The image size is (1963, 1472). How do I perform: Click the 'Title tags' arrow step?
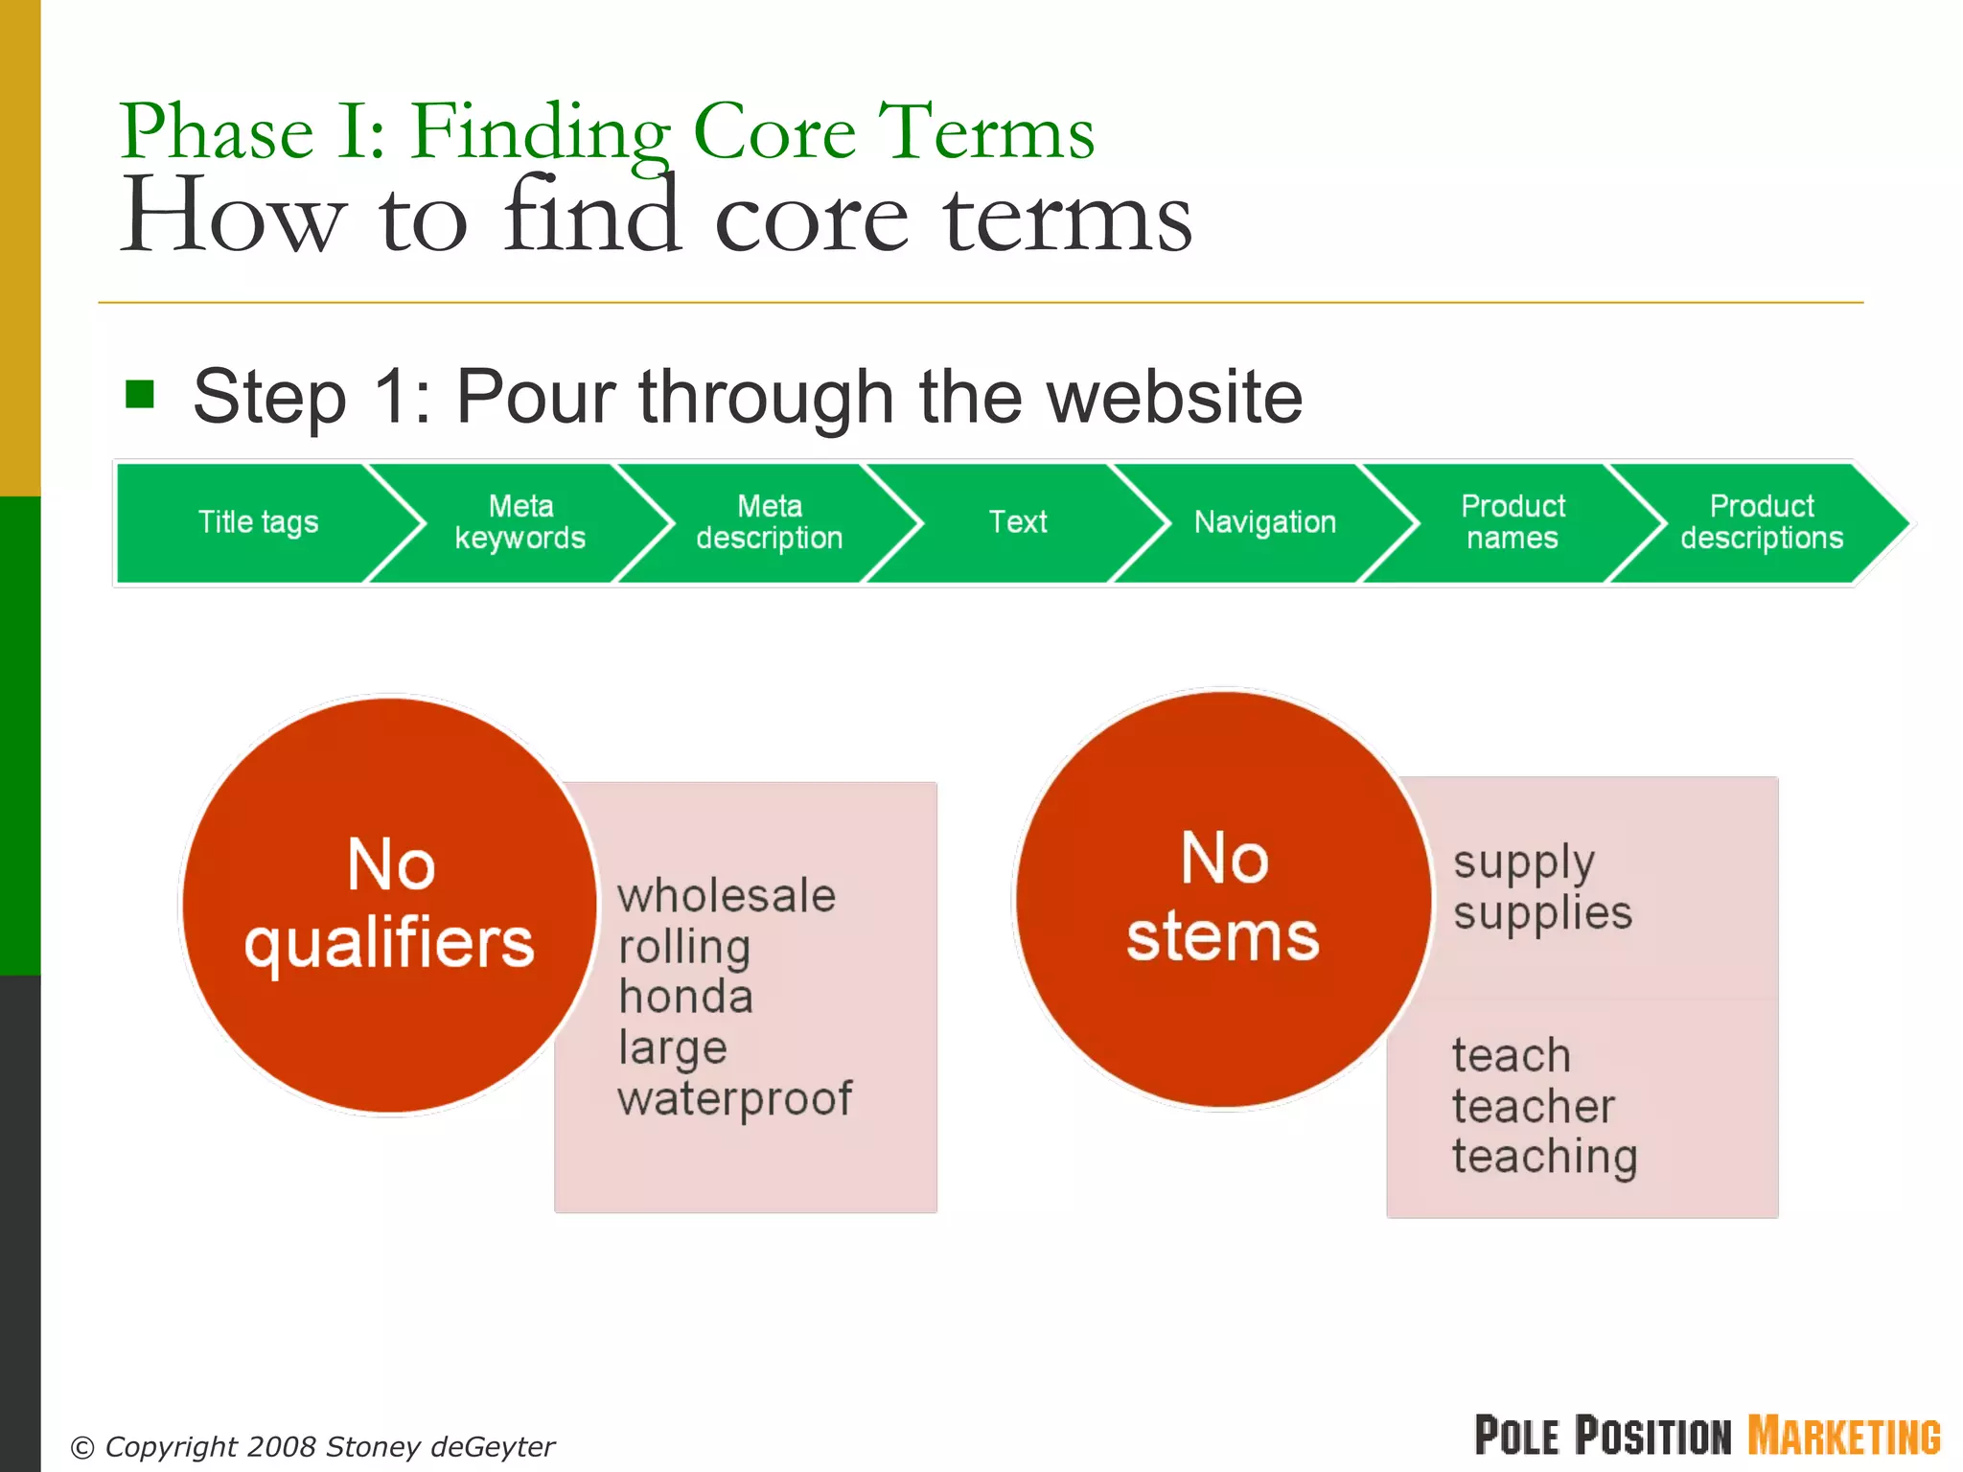coord(257,522)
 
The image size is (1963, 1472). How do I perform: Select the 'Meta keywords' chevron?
coord(520,522)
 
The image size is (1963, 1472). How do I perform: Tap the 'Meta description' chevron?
coord(770,522)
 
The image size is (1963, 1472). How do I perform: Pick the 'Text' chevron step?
coord(1018,522)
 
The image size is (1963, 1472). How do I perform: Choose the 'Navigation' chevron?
coord(1265,522)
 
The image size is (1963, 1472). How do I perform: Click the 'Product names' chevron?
coord(1513,522)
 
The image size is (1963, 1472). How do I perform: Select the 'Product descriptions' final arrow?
coord(1762,522)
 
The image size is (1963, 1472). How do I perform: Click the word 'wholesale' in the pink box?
coord(727,896)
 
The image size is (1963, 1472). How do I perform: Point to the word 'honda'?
coord(686,997)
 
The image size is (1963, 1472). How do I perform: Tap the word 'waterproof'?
coord(735,1098)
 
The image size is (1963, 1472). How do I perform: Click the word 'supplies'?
coord(1542,912)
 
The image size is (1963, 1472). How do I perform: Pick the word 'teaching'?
coord(1544,1157)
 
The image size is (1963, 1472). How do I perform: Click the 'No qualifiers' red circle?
coord(389,905)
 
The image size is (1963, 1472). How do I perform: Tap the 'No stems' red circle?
coord(1223,899)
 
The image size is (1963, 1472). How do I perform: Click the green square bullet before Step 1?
coord(140,394)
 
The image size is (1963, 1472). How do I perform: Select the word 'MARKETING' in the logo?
coord(1844,1437)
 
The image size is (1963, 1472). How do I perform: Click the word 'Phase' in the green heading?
coord(218,132)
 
